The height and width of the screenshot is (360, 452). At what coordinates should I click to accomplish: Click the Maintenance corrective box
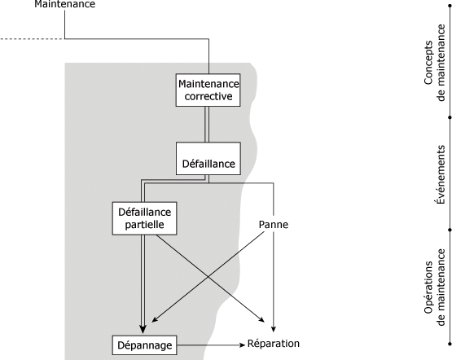pos(208,90)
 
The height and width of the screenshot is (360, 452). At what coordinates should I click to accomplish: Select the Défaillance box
pos(208,158)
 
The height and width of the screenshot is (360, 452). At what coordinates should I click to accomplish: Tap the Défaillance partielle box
pos(144,218)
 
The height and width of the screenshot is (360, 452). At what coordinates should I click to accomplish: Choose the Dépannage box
pos(144,345)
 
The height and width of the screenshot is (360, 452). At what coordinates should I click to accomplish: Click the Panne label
pos(274,225)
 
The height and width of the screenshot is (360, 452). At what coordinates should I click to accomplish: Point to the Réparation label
pos(274,344)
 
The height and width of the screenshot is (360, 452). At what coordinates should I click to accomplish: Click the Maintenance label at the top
pos(64,4)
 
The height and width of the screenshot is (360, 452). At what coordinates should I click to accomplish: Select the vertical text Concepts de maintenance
pos(435,63)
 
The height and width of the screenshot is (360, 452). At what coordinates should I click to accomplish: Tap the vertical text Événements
pos(440,174)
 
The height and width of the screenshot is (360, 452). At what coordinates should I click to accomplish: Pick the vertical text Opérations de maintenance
pos(435,287)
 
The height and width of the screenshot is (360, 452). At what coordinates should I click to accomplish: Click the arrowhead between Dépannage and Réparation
pos(242,345)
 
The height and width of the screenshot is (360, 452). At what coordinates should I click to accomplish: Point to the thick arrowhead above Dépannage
pos(143,329)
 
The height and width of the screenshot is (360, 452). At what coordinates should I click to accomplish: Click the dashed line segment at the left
pos(33,38)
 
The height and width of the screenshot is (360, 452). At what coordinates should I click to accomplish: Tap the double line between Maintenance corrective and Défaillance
pos(207,125)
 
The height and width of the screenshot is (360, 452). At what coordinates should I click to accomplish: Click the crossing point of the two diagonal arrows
pos(208,277)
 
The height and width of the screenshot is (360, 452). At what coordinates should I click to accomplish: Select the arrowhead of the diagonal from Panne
pos(154,319)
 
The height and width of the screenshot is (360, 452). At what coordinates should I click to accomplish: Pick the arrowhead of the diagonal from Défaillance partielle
pos(261,319)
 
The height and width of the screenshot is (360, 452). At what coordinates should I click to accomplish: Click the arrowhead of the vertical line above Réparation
pos(274,329)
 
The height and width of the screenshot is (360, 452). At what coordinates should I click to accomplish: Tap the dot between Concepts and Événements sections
pos(450,117)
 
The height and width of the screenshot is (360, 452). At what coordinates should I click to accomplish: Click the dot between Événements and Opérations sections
pos(450,230)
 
